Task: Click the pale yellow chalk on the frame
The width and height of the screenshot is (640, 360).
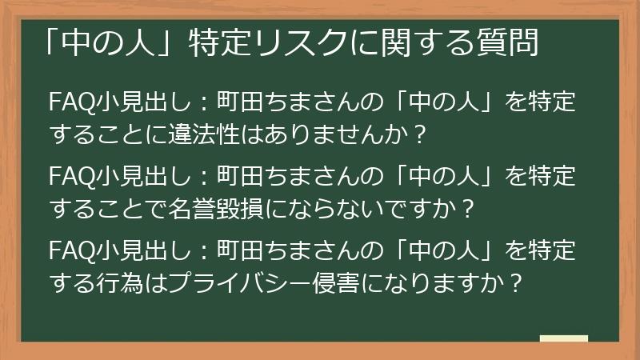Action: [x=563, y=339]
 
